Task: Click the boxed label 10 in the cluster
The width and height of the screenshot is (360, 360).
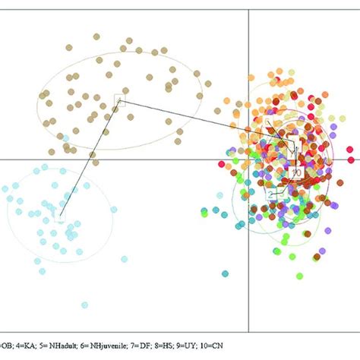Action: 296,172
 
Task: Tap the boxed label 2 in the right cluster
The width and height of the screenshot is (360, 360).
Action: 270,194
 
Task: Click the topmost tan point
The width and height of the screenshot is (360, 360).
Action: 96,36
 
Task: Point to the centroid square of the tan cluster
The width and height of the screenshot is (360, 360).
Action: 118,99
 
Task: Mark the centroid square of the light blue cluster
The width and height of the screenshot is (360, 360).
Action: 61,218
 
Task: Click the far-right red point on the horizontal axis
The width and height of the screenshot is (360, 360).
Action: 351,159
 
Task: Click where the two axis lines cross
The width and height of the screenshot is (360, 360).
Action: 250,159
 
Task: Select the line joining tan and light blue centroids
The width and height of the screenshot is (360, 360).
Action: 90,159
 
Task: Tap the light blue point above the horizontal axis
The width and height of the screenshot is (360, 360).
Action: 68,140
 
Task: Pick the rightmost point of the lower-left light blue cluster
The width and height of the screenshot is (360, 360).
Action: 113,210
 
